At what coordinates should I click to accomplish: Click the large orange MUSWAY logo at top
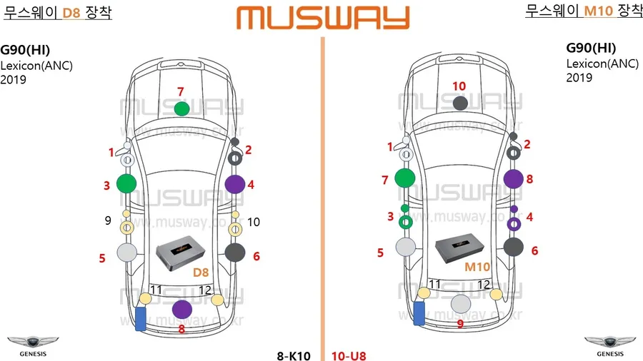pos(323,18)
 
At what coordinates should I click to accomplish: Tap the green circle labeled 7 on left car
pos(181,109)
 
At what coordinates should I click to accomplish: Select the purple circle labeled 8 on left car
pos(182,310)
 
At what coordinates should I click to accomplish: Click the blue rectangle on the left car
pos(141,319)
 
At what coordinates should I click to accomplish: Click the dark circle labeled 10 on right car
pos(461,103)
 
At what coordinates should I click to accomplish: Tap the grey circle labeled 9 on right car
pos(461,304)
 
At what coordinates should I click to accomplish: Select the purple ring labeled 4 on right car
pos(514,224)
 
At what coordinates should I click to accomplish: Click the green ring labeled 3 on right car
pos(406,223)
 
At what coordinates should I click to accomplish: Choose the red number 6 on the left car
pos(256,256)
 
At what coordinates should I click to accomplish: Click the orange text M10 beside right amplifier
pos(477,267)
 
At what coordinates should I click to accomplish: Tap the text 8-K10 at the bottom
pos(294,356)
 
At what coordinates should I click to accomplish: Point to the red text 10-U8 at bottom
pos(349,356)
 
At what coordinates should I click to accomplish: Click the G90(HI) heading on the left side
pos(25,50)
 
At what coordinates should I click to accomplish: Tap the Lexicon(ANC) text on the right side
pos(602,63)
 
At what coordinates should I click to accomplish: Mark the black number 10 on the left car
pos(254,222)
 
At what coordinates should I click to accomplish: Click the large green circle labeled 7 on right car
pos(405,178)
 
